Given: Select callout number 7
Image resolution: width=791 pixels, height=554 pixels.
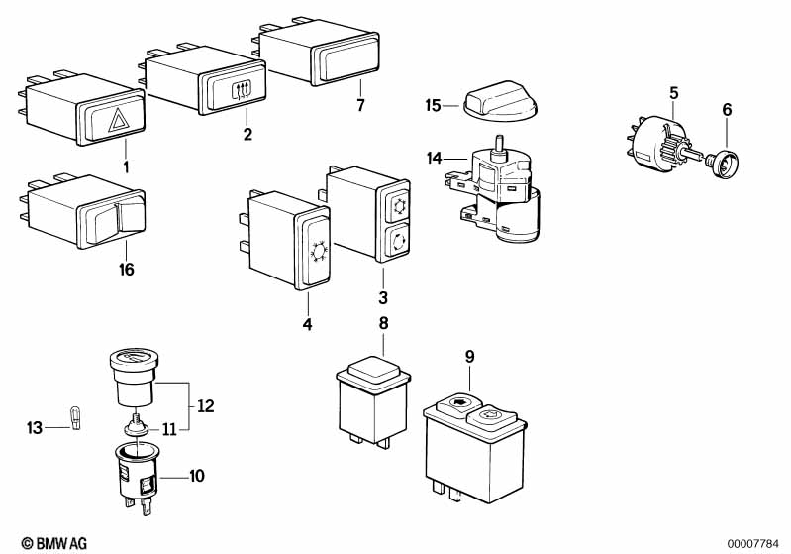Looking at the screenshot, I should [360, 104].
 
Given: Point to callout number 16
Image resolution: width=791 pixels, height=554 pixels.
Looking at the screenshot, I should [127, 269].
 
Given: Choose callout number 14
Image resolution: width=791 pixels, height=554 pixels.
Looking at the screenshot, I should [433, 157].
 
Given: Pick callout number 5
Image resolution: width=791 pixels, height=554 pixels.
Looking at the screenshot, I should [673, 93].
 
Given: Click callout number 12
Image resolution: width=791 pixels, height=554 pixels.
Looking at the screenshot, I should [206, 405].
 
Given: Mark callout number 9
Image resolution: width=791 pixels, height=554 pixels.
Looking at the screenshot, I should [469, 355].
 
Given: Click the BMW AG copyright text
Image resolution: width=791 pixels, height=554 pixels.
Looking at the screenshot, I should [49, 543].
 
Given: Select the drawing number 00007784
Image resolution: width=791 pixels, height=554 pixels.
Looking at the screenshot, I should [754, 543].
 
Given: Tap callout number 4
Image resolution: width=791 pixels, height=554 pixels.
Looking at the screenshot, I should [307, 324].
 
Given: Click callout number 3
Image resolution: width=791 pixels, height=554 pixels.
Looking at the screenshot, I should [383, 297].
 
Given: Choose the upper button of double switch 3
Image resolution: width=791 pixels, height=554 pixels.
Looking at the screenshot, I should [398, 206].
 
